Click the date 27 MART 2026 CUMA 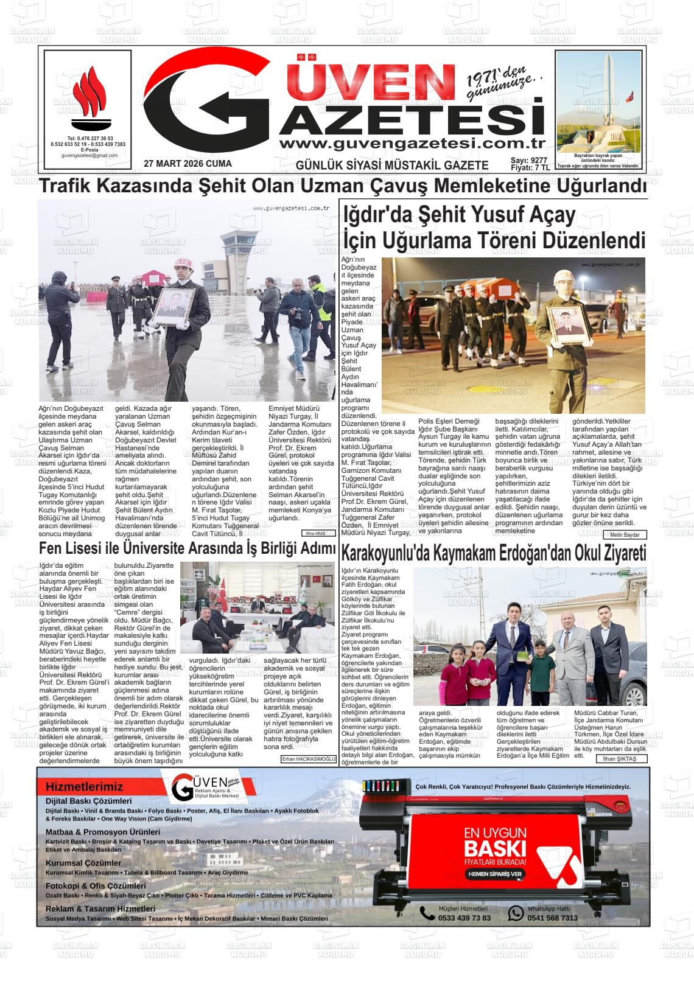coord(188,164)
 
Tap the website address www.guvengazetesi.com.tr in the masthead coord(412,144)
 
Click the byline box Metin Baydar coord(625,534)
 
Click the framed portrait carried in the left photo coord(173,307)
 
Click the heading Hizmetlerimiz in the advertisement coord(84,787)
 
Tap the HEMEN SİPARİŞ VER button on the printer coord(494,874)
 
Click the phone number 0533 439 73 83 coord(464,918)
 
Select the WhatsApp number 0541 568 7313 coord(552,918)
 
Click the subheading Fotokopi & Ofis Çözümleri coord(96,886)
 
